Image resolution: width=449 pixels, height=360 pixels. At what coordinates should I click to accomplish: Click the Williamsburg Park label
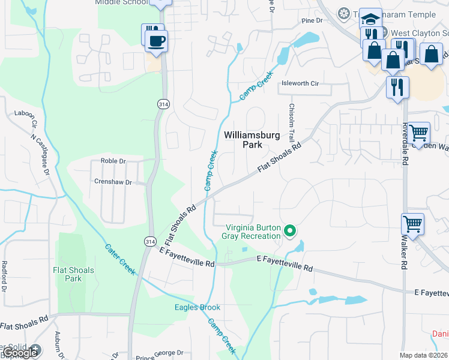[x=252, y=140]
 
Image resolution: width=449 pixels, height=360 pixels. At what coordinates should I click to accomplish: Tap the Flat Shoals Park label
[x=73, y=274]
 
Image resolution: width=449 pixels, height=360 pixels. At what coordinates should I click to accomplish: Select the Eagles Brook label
[x=197, y=308]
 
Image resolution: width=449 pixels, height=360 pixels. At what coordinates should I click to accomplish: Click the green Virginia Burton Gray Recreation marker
[x=291, y=230]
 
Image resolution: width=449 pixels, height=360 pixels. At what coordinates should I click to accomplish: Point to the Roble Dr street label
[x=113, y=161]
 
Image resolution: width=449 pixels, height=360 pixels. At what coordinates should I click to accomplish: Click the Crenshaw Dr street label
[x=112, y=182]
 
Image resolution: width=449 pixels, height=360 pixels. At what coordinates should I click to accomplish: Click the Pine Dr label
[x=312, y=20]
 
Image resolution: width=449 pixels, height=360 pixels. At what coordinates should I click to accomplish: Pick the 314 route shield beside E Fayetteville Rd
[x=150, y=241]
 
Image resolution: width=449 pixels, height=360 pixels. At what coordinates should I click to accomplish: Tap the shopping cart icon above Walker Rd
[x=412, y=224]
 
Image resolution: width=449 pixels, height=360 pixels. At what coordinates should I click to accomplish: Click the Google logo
[x=20, y=353]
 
